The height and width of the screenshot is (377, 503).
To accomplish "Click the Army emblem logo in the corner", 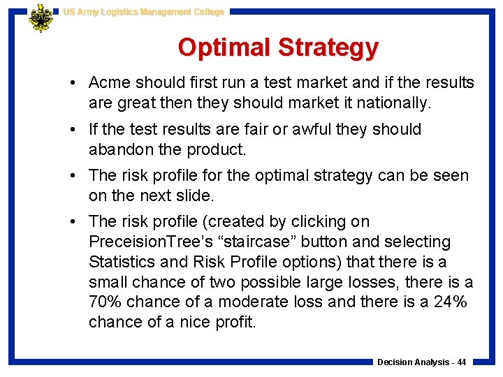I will [41, 17].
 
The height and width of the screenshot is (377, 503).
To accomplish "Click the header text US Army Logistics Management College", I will [143, 12].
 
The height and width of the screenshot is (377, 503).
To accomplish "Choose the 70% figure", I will [107, 302].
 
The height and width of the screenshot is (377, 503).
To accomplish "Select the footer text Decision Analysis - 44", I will [421, 362].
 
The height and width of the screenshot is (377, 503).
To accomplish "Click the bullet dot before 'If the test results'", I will [73, 129].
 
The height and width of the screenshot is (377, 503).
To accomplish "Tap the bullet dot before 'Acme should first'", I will [73, 83].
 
